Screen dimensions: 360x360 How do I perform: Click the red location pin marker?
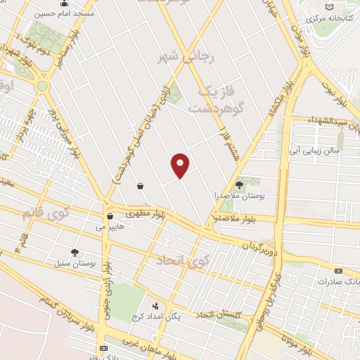point(181,165)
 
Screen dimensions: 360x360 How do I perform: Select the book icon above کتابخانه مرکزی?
point(311,6)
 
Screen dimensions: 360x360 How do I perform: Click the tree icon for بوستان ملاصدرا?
point(240,184)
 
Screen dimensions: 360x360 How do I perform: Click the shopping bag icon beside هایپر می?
point(109,215)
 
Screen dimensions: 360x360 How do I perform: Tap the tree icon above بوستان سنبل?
point(75,252)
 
